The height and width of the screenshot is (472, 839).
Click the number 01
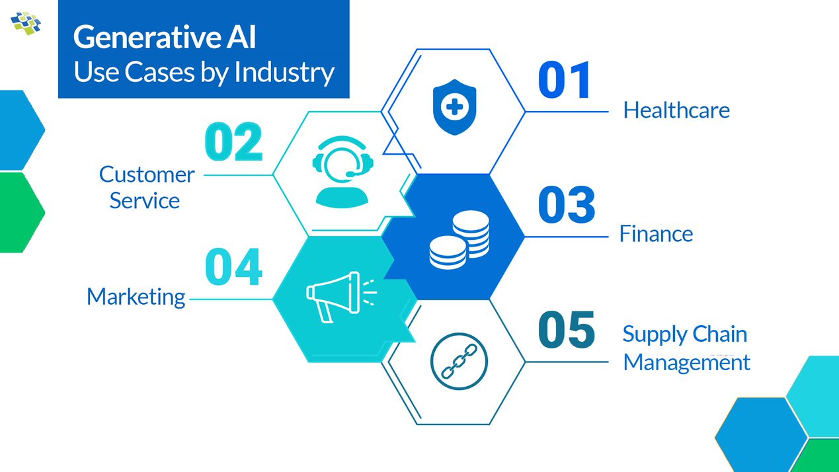(564, 81)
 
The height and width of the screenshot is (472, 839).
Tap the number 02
(233, 142)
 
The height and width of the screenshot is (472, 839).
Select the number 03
(566, 204)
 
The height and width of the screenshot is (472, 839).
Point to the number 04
(233, 267)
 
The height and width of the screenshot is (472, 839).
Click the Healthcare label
(676, 110)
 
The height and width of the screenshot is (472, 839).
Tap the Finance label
(656, 233)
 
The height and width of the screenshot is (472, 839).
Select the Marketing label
(136, 297)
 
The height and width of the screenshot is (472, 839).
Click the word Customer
(147, 175)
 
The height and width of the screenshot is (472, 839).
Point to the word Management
(686, 362)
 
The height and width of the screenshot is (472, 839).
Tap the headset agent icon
(341, 172)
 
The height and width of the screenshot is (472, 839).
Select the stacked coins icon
(459, 239)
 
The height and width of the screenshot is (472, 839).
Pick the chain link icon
(458, 362)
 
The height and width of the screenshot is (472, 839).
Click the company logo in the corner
(26, 22)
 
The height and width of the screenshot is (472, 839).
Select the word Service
(144, 200)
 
